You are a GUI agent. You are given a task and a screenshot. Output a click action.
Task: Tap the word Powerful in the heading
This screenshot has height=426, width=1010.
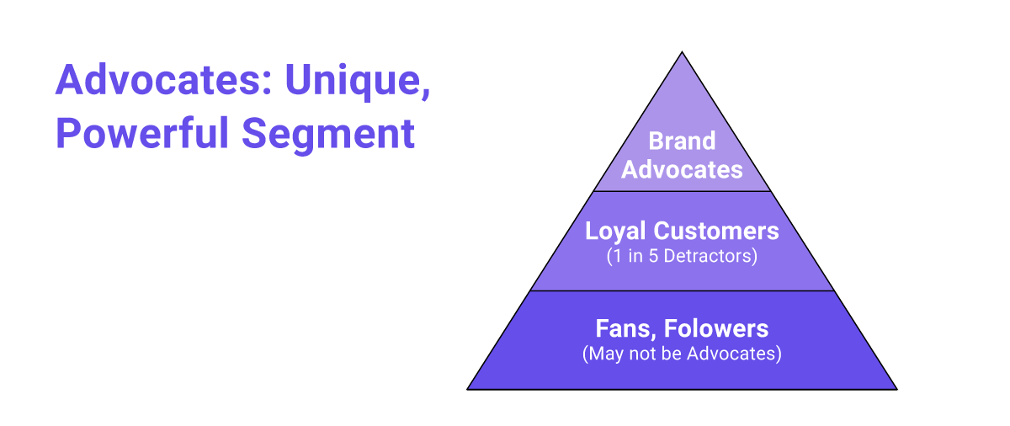click(x=142, y=133)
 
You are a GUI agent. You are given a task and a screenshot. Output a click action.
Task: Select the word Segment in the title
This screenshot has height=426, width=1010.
click(x=328, y=136)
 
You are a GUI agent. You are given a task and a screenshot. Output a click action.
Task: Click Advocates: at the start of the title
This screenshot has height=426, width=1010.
click(x=163, y=79)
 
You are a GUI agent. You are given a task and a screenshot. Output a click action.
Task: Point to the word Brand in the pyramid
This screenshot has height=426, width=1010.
click(x=682, y=141)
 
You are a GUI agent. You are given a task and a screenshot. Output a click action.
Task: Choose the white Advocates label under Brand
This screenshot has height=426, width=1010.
click(x=682, y=169)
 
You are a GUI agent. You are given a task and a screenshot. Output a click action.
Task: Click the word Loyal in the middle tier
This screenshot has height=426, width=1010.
click(x=615, y=232)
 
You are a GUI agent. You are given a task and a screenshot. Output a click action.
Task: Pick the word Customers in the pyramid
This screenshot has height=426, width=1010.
click(x=716, y=231)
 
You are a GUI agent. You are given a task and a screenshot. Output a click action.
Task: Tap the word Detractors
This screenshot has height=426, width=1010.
click(x=710, y=256)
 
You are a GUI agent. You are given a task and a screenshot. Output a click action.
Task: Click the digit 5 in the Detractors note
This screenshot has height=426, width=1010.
click(x=653, y=256)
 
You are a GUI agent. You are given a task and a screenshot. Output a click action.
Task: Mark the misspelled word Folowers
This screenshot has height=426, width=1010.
click(x=716, y=328)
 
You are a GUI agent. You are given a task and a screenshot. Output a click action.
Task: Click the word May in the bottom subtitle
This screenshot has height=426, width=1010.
click(x=604, y=354)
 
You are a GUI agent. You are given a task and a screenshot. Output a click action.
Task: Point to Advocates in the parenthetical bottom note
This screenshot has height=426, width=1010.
click(x=734, y=354)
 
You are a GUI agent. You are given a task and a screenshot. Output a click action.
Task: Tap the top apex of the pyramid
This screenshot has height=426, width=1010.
click(x=682, y=52)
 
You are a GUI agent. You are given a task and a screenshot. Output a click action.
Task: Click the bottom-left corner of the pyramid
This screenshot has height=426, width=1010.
click(x=467, y=390)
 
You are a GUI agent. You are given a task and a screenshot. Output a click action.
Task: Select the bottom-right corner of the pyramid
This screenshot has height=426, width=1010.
click(x=897, y=390)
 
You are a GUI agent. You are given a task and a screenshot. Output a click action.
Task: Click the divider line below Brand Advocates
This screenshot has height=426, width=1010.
click(x=682, y=191)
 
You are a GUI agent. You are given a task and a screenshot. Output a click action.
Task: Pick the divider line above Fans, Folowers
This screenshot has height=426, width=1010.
click(x=682, y=290)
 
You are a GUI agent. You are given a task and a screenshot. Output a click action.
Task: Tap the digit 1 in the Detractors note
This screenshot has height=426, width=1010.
click(x=617, y=256)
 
